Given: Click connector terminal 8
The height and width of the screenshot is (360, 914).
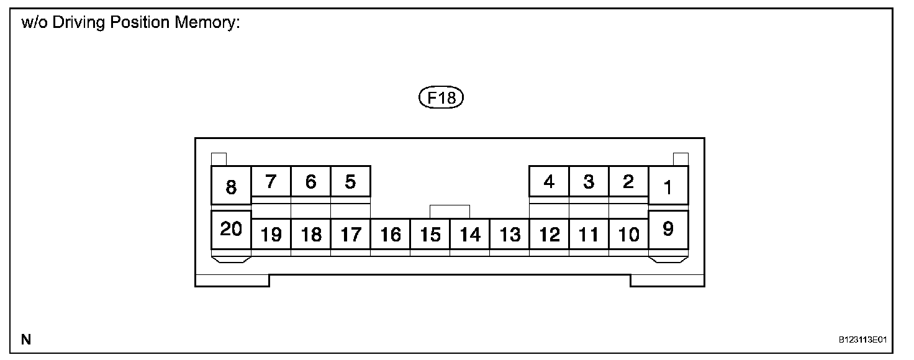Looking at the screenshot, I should (231, 186).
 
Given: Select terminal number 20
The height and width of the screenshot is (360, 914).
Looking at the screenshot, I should (231, 230).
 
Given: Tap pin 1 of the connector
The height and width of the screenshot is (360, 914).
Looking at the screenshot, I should (668, 186).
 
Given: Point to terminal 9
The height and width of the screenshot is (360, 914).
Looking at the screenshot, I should (668, 230).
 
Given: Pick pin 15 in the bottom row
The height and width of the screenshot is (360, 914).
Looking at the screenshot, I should (430, 234).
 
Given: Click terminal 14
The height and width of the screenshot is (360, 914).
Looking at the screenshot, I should (470, 234).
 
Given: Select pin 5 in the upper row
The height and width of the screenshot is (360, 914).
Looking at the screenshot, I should (350, 182).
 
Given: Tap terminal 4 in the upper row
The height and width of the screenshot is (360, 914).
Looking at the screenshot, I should (549, 182).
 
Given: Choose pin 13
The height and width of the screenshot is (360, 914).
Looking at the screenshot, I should (510, 234).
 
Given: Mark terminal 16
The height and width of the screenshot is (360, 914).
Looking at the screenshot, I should (391, 234).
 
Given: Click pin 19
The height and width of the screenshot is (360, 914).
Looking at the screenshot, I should (271, 234).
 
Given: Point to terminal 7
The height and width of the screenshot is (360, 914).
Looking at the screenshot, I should (271, 182).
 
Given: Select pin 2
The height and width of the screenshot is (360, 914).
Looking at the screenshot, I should (628, 182).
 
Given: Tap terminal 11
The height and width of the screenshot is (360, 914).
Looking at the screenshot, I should (589, 234).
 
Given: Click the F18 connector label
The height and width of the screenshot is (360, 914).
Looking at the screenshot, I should (441, 98).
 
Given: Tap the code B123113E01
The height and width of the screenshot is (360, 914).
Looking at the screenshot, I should (862, 340).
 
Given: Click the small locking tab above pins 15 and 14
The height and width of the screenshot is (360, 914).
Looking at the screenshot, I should (450, 211).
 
